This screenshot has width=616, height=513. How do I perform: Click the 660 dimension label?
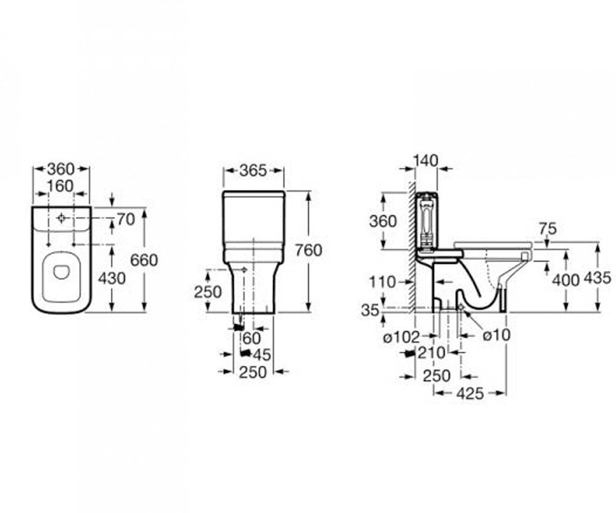pos(144,260)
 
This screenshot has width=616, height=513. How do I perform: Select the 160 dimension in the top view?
pos(60,186)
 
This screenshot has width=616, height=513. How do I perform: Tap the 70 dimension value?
pos(126,220)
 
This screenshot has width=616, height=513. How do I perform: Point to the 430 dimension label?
pos(112,279)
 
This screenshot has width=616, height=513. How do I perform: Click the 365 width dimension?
pos(253,170)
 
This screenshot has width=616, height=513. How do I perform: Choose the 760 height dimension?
pos(309,250)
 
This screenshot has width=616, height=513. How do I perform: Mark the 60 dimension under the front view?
pos(252,338)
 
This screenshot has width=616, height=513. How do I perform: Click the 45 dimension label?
pos(262,355)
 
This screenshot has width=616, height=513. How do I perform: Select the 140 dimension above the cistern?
pos(426,161)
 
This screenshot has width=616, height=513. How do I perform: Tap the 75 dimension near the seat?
pos(548,229)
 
